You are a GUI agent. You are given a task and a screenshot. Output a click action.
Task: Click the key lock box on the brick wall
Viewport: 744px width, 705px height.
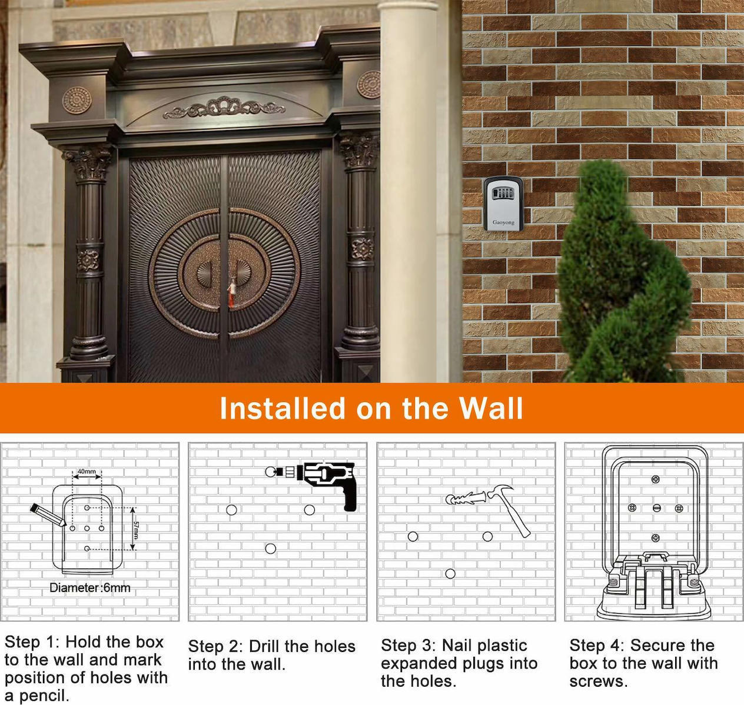tap(503, 204)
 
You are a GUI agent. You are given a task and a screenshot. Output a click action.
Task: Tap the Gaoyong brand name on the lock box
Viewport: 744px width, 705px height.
tap(503, 222)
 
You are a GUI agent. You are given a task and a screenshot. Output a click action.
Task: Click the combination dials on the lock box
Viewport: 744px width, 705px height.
tap(503, 194)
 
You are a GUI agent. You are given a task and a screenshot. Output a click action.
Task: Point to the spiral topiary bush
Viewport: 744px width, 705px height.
tap(624, 272)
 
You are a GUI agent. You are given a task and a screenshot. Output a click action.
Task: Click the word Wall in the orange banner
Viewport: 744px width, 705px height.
tap(491, 408)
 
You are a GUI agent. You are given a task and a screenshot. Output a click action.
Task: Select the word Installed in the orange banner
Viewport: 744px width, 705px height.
tap(283, 408)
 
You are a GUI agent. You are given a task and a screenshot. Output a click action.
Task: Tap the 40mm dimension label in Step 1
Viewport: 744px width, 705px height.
tap(87, 471)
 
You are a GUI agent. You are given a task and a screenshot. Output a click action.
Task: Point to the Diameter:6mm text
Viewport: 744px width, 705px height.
tap(89, 588)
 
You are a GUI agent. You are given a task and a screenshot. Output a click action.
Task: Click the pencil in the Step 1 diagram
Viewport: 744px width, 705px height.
tap(48, 514)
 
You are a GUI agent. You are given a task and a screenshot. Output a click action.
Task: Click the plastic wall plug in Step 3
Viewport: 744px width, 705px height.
tap(466, 498)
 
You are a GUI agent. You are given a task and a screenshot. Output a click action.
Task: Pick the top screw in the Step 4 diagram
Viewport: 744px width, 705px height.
tap(656, 480)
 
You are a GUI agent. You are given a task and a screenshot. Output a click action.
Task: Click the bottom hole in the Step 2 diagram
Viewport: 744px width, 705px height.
tap(271, 548)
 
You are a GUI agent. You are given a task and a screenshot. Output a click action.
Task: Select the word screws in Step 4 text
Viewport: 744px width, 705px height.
tap(599, 681)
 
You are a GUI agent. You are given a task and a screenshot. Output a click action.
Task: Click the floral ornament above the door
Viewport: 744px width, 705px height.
tap(224, 107)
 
